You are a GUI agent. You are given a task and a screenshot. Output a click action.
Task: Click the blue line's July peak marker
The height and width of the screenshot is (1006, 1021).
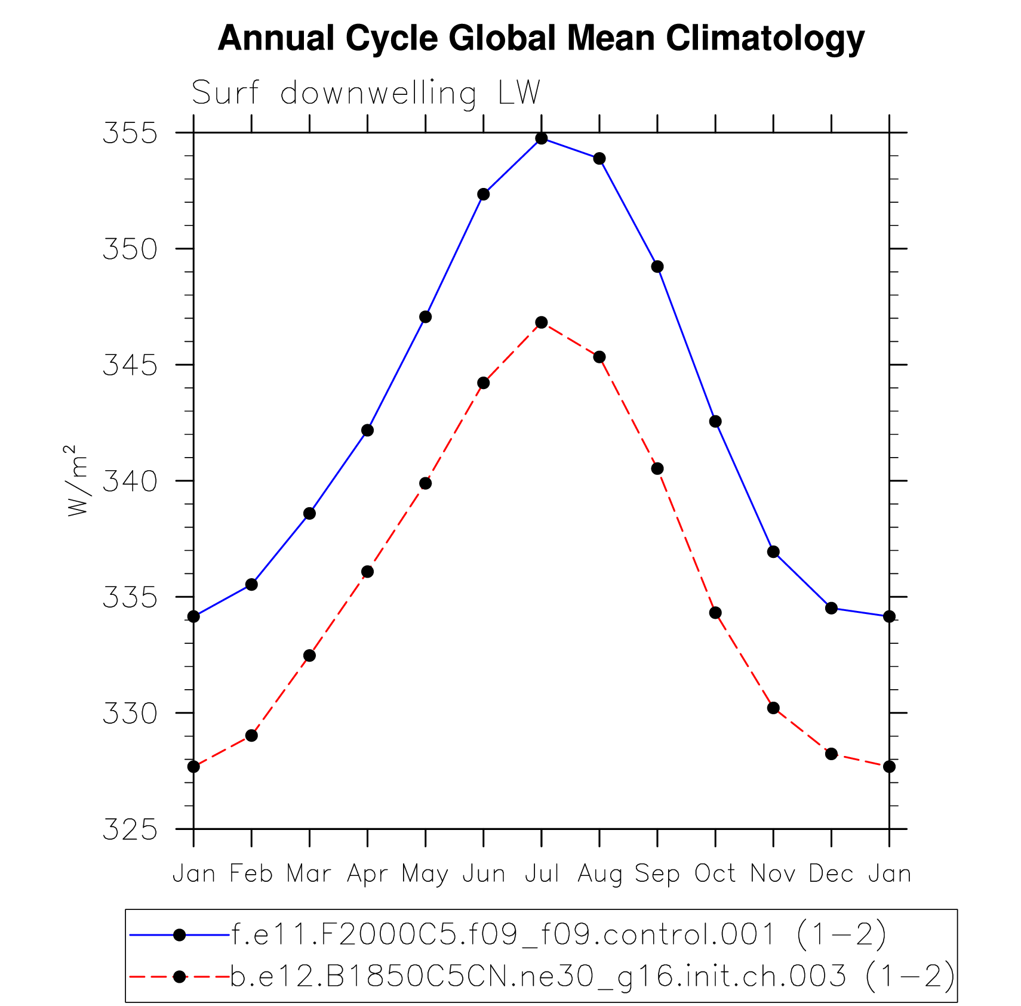542,138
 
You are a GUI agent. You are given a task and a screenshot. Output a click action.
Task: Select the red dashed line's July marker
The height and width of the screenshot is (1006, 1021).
542,323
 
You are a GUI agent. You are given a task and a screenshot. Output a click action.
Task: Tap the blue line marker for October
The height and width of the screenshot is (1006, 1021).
715,422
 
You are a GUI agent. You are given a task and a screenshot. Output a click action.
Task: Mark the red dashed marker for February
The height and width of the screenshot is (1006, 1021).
251,736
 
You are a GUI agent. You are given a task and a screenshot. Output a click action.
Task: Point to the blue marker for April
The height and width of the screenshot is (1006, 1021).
367,430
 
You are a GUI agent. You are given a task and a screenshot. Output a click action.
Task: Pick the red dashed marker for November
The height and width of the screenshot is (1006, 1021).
773,708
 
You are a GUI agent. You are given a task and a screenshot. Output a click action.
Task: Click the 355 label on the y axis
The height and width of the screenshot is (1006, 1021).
130,133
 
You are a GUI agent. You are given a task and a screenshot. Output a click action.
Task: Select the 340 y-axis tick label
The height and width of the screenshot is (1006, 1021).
130,481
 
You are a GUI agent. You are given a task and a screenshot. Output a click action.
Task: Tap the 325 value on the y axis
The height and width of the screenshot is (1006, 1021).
130,829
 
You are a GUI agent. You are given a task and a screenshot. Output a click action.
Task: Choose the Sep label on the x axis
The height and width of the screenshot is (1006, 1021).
657,874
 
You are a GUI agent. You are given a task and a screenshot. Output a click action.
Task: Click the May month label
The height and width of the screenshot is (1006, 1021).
425,874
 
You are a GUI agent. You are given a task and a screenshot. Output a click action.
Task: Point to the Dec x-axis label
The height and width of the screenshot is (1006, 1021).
831,874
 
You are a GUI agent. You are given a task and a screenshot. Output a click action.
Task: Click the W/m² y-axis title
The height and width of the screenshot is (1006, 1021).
77,481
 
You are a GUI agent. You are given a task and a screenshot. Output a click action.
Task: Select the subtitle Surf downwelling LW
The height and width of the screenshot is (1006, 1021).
365,93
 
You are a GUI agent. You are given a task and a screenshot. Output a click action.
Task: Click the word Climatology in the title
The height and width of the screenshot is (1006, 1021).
765,38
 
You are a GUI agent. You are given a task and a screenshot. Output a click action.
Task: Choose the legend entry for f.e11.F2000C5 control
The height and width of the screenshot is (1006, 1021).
558,935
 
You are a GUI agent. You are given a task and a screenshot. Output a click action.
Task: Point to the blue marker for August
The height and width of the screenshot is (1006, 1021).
599,159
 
